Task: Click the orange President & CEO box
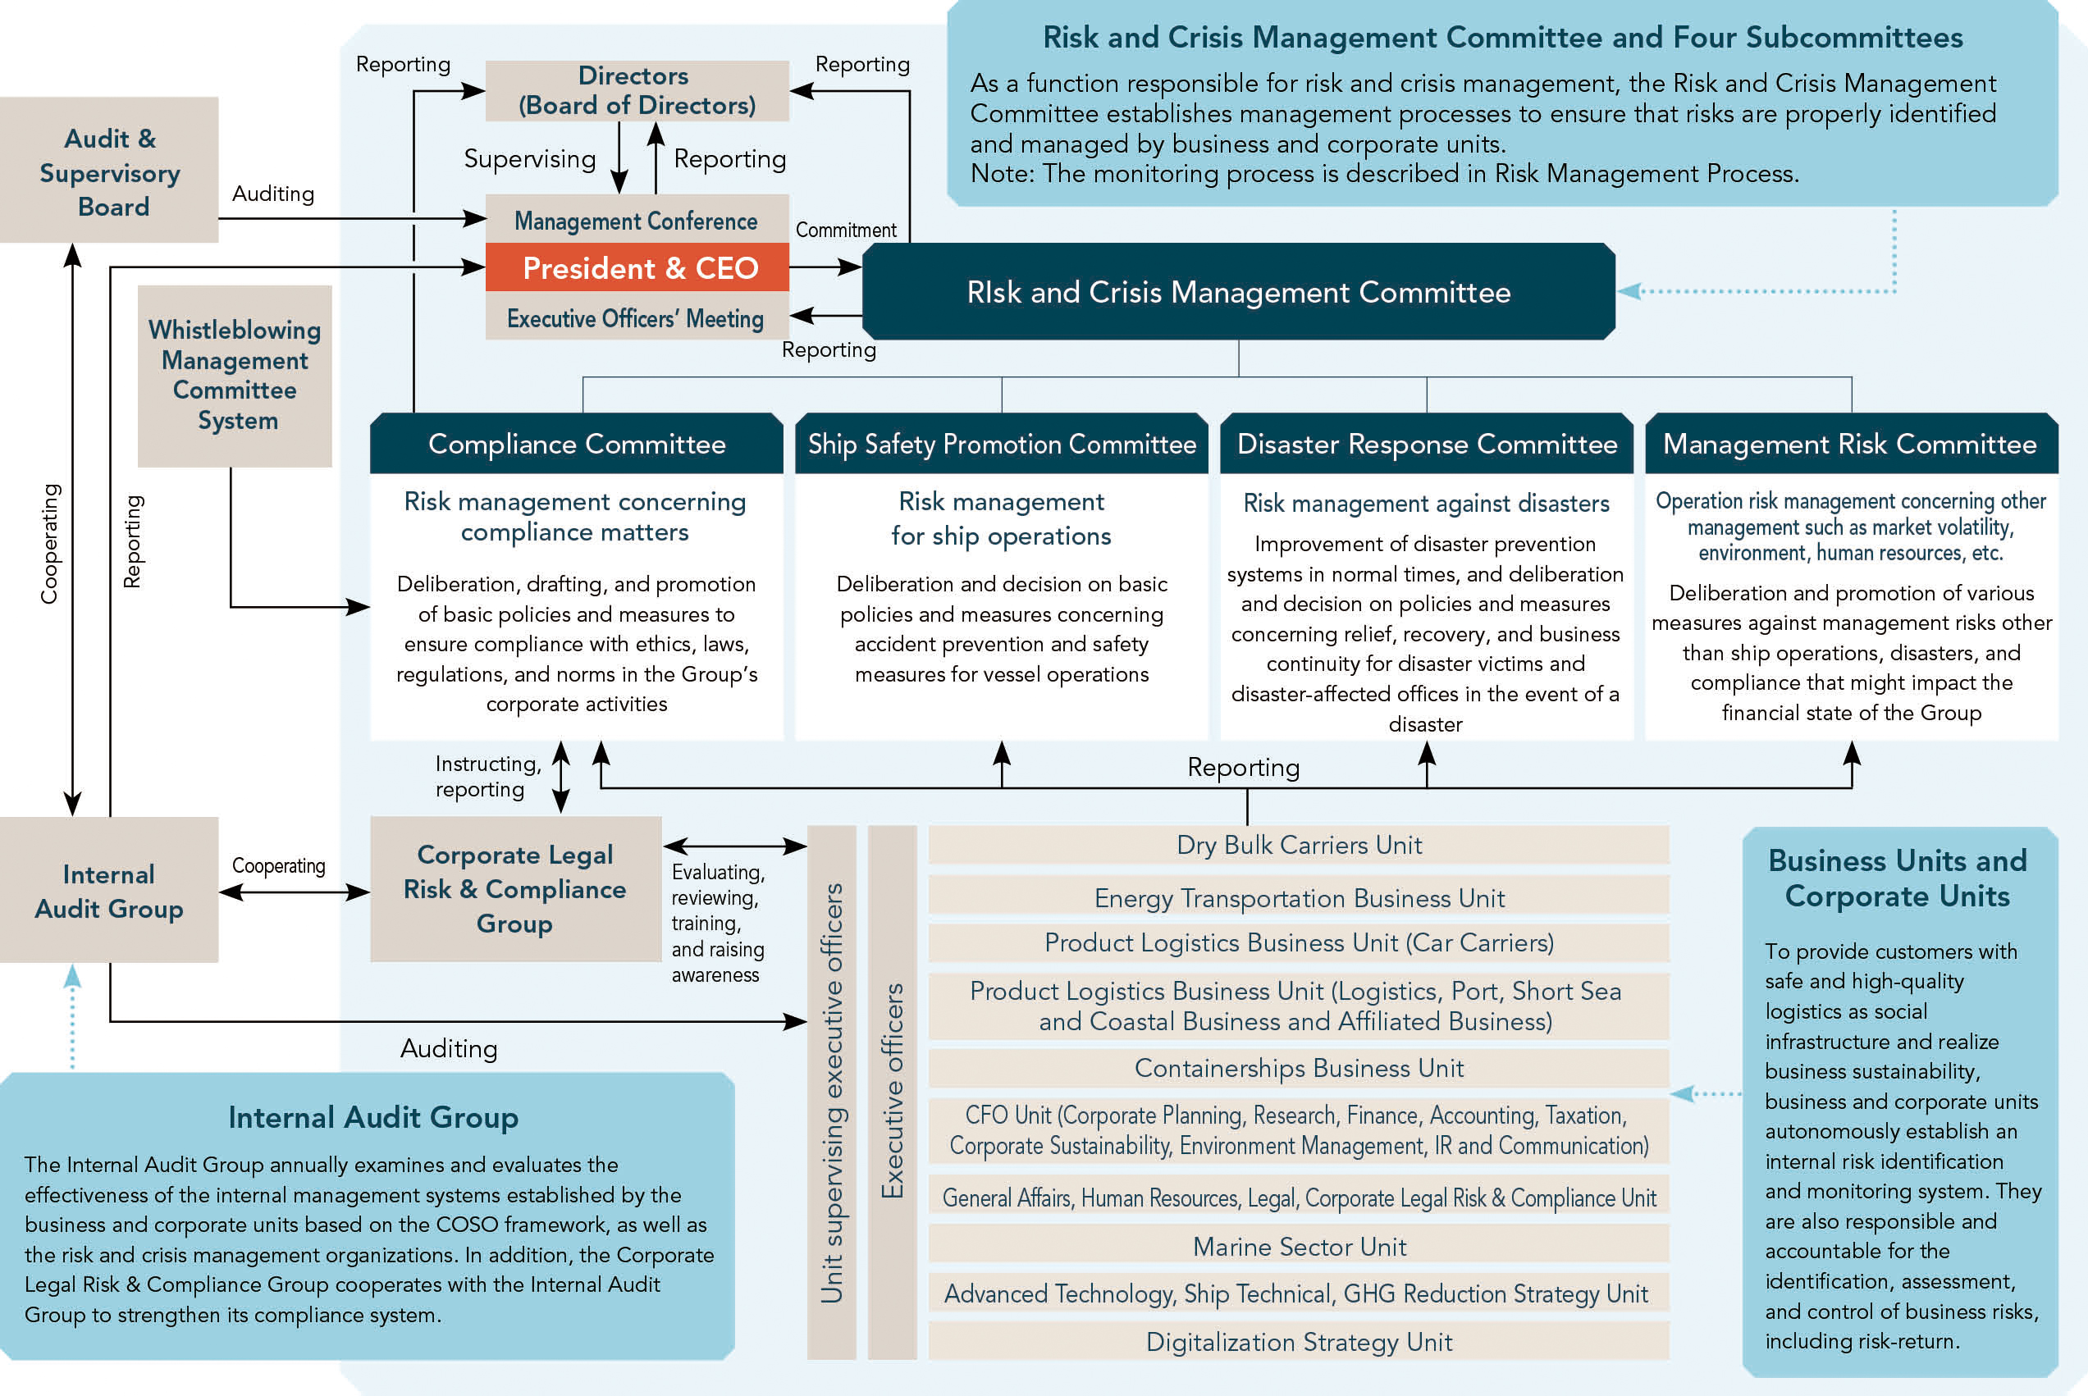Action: (637, 267)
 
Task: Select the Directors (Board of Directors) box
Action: (637, 91)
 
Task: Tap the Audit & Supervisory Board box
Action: (108, 170)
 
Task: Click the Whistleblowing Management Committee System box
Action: (235, 376)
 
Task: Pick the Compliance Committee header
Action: (576, 444)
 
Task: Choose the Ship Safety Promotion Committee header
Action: (1002, 444)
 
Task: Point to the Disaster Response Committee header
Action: (1427, 444)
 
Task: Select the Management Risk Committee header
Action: (1851, 444)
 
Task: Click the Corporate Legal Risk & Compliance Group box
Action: (515, 889)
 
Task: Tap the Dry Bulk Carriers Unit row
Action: (1299, 845)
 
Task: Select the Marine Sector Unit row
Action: (1299, 1246)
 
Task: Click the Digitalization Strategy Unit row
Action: (1299, 1341)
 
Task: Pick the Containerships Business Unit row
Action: (1299, 1067)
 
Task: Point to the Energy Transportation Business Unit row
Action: (1299, 896)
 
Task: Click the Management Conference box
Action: (637, 219)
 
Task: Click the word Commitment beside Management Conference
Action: (846, 230)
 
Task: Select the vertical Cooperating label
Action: (50, 544)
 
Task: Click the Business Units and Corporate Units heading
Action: (1898, 878)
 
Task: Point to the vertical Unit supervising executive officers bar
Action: (832, 1093)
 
